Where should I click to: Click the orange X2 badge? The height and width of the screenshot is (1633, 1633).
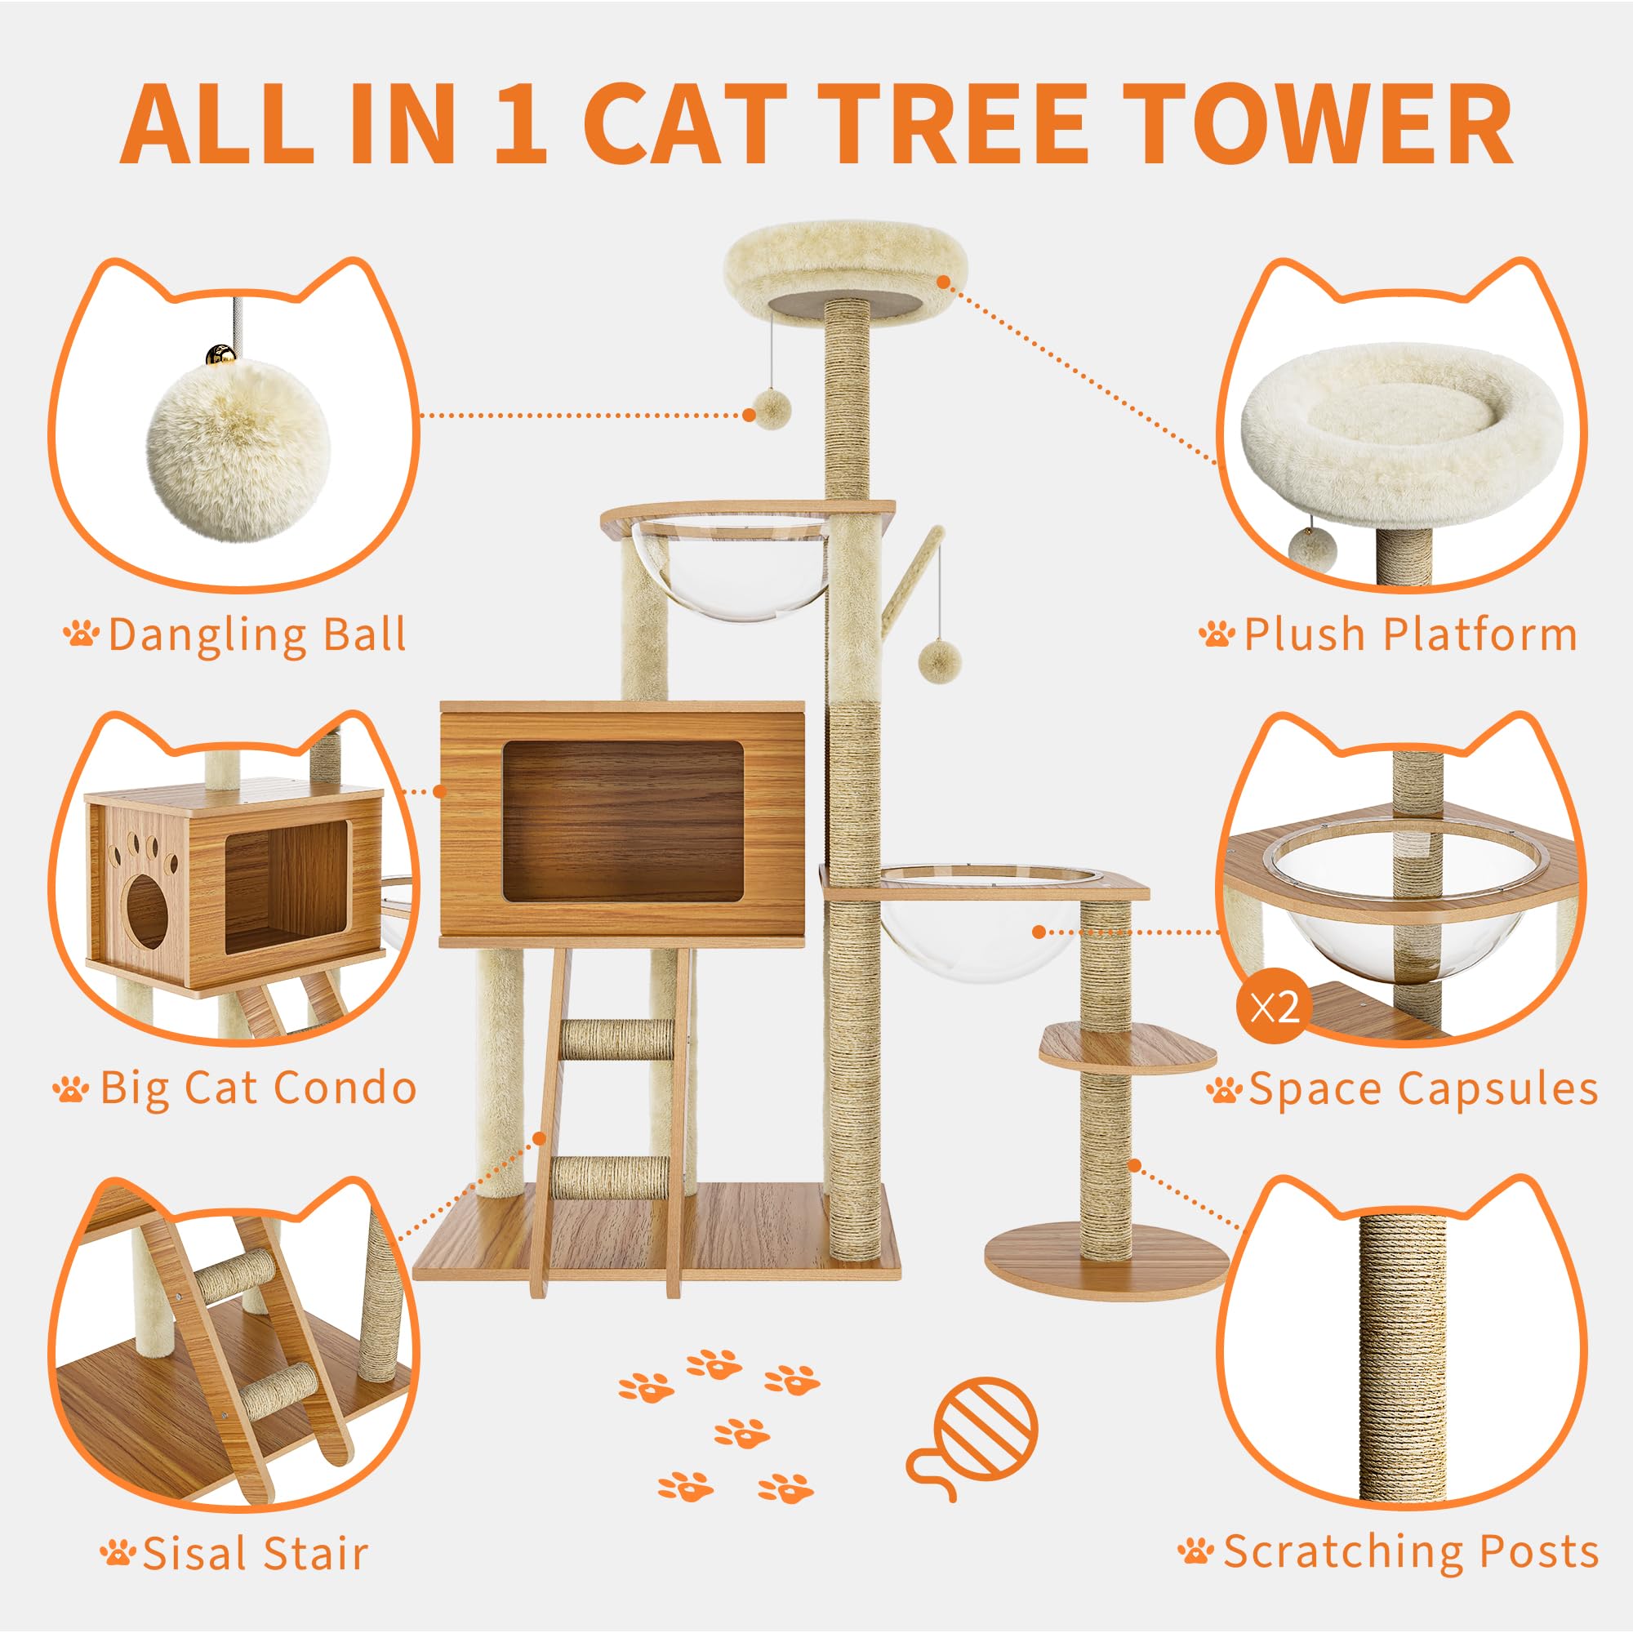tap(1275, 1008)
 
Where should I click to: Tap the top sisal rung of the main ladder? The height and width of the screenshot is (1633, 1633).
tap(617, 1039)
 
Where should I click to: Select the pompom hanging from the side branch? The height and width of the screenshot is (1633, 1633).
tap(937, 660)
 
